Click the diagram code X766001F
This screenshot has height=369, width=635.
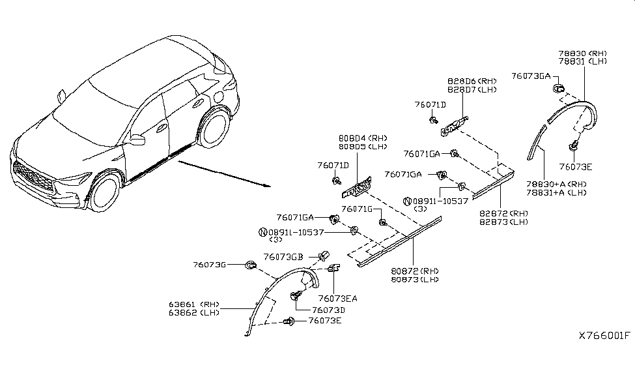point(604,336)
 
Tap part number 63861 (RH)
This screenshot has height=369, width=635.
point(193,304)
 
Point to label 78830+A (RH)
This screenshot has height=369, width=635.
point(556,184)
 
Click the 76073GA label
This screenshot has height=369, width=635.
point(531,76)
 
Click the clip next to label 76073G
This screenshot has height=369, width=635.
point(250,265)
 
